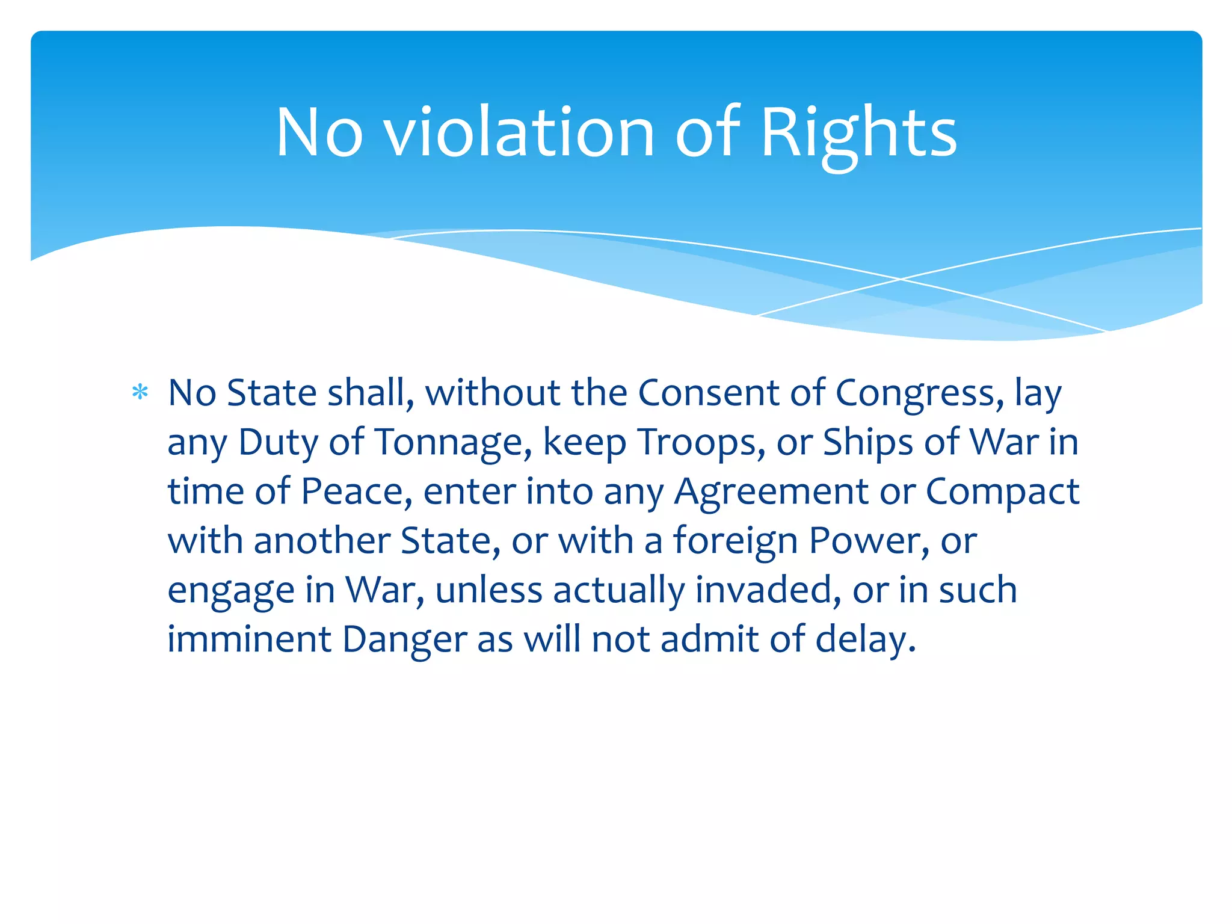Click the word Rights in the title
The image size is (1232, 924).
858,133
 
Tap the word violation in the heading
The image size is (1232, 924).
519,133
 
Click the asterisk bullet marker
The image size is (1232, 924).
140,393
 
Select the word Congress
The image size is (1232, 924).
919,394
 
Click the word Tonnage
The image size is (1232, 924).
453,443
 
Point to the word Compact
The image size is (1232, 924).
1002,493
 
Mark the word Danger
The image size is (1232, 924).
404,640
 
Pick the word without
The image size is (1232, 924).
493,393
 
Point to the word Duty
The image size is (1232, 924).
278,443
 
